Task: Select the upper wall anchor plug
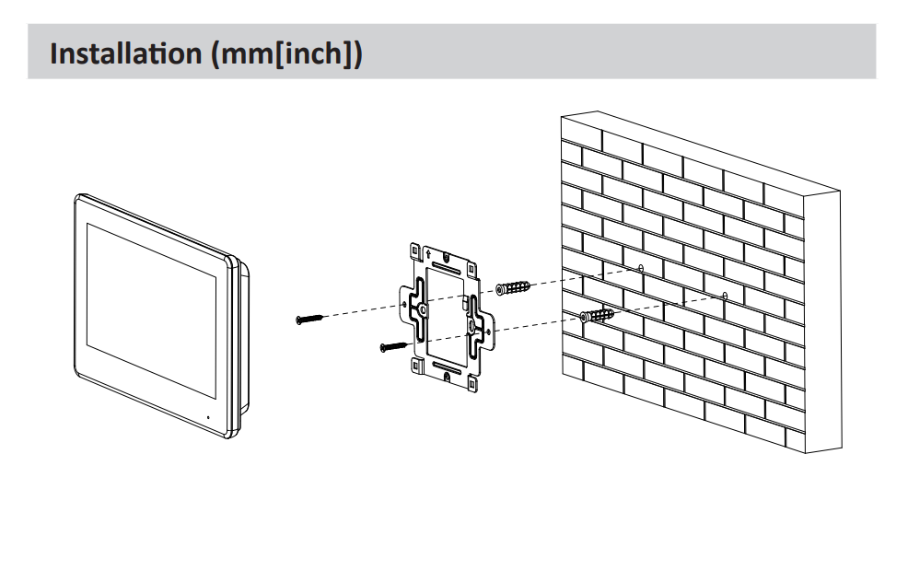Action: point(512,287)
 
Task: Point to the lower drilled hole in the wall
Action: point(725,296)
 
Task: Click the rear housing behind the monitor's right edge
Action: point(241,341)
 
